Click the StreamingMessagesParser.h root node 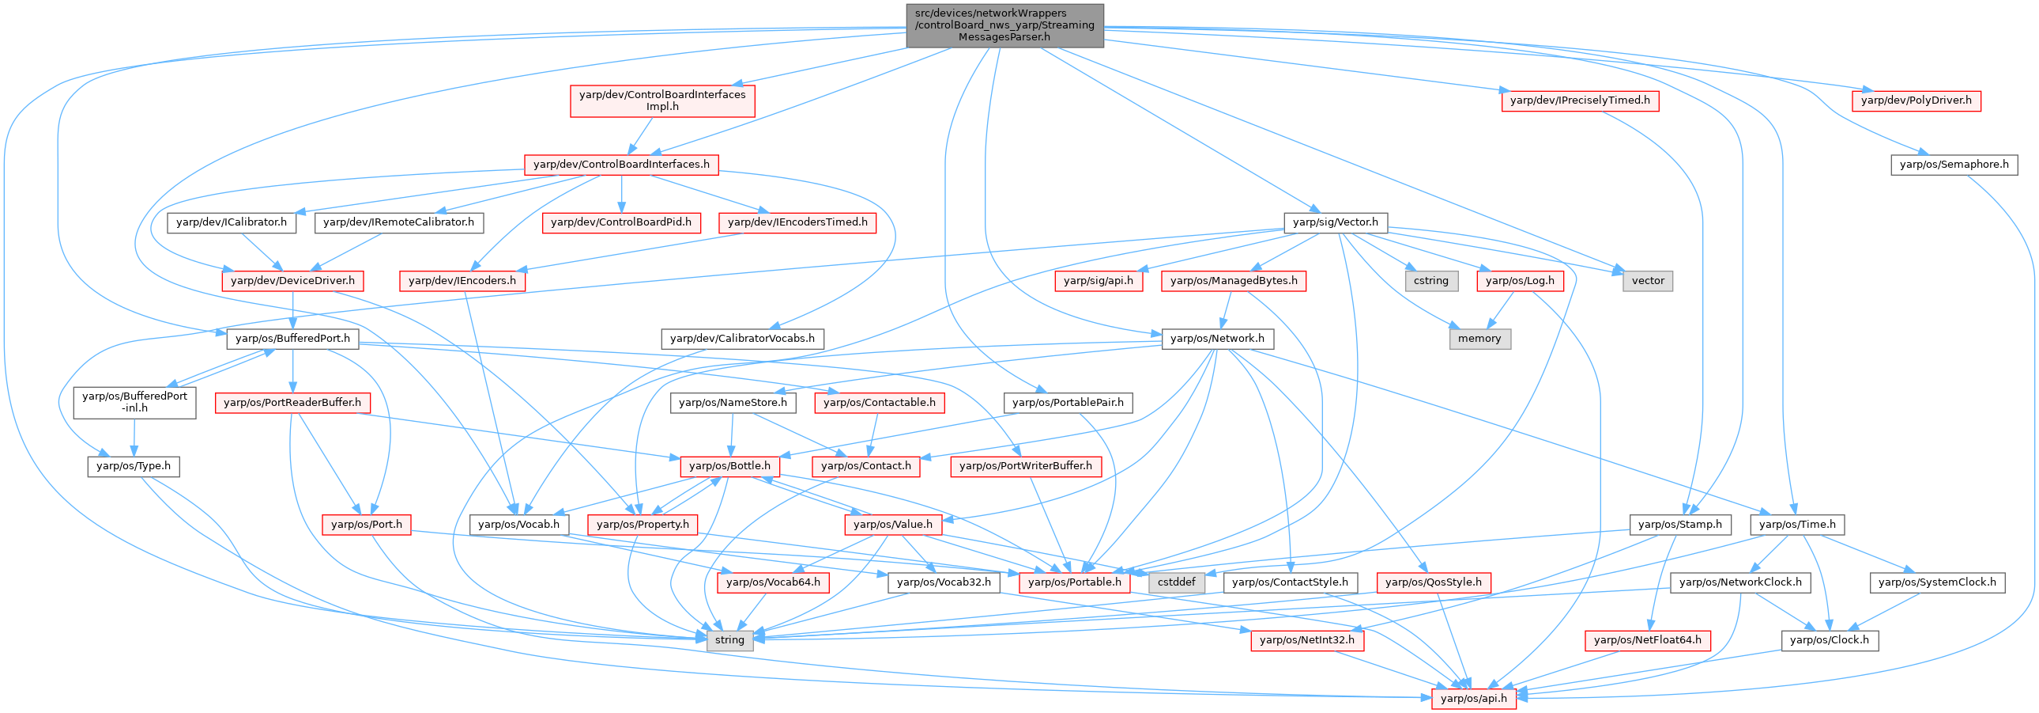point(1004,25)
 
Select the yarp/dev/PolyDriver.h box point(1917,101)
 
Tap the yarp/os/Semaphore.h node point(1954,165)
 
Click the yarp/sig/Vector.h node point(1335,222)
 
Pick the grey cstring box point(1431,280)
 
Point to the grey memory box point(1479,338)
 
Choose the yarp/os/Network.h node point(1216,338)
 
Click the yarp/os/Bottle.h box point(729,466)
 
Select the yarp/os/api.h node point(1473,698)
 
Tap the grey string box point(729,640)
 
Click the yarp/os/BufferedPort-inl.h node point(134,402)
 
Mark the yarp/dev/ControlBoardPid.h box point(620,222)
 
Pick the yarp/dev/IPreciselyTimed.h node point(1579,101)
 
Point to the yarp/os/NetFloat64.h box point(1647,640)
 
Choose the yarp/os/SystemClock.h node point(1936,582)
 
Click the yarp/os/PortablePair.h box point(1067,403)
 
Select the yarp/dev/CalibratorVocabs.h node point(741,338)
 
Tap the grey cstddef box point(1176,582)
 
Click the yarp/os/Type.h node point(133,466)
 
